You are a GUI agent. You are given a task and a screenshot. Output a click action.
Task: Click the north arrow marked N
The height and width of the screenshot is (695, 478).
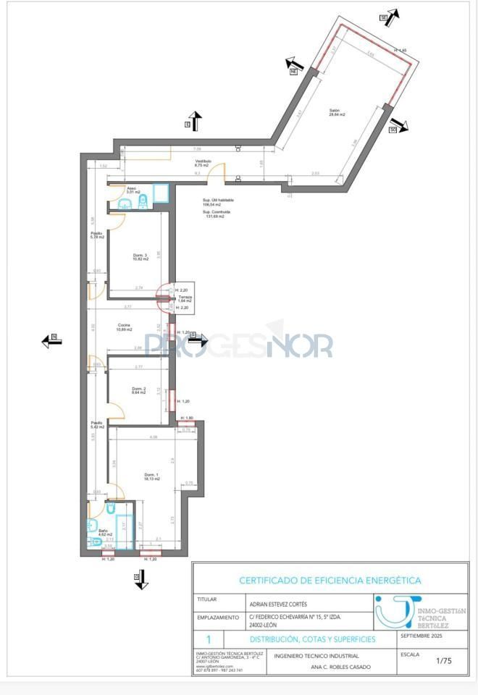coord(51,341)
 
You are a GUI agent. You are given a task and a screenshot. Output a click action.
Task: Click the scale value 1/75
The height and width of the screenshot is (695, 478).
coord(443,660)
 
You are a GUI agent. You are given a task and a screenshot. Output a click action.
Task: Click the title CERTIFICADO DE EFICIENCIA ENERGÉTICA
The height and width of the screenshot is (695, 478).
coord(330,581)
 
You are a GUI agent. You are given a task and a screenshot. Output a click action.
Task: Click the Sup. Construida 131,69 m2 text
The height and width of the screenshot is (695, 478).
coord(213,214)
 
